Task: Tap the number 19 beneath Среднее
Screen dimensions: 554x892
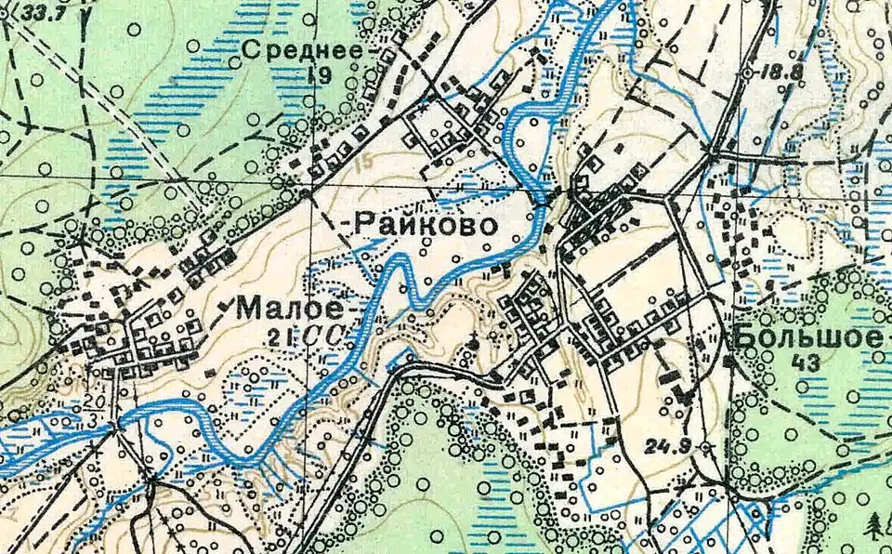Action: (x=322, y=78)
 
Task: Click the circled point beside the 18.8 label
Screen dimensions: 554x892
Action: (x=750, y=72)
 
